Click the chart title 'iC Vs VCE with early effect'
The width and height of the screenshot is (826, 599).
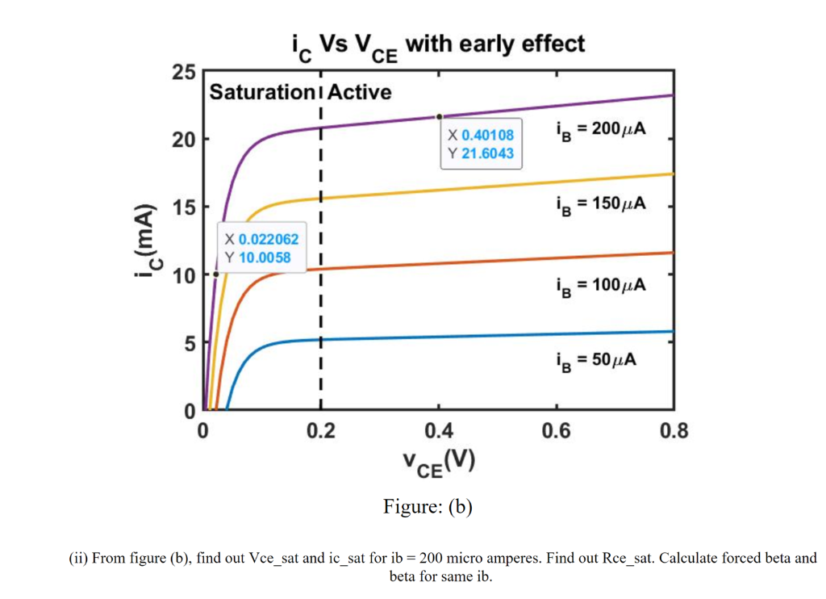point(436,45)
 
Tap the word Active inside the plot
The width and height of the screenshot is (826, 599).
point(359,92)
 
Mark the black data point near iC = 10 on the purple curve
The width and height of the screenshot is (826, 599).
point(215,274)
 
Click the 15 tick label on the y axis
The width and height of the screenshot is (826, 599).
point(184,207)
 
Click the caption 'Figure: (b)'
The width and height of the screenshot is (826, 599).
point(428,507)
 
